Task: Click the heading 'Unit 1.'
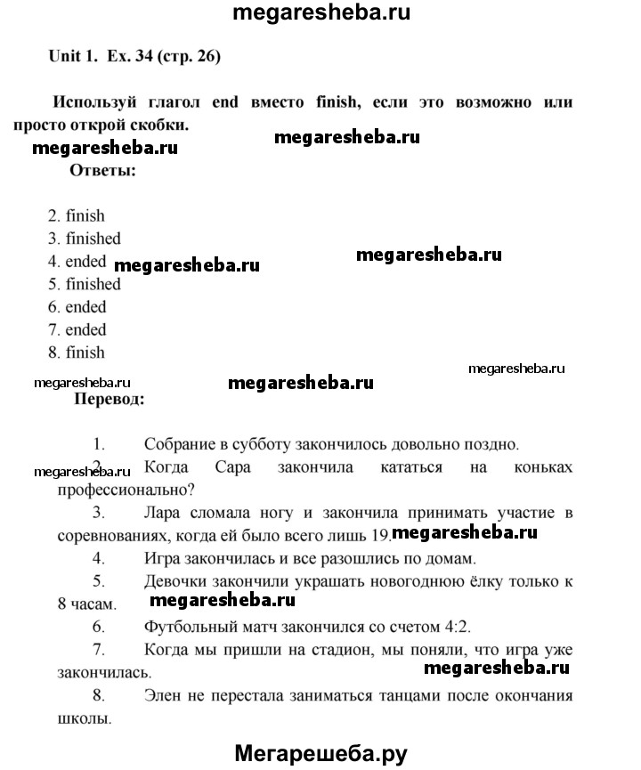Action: tap(72, 57)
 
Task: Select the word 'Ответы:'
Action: tap(102, 170)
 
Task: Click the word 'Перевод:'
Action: tap(111, 400)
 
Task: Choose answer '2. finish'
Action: tap(77, 215)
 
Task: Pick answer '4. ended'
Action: tap(77, 262)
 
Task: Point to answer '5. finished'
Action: tap(85, 284)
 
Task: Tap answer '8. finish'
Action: tap(77, 353)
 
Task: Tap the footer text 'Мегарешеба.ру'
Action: tap(320, 753)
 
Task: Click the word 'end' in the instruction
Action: tap(224, 101)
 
